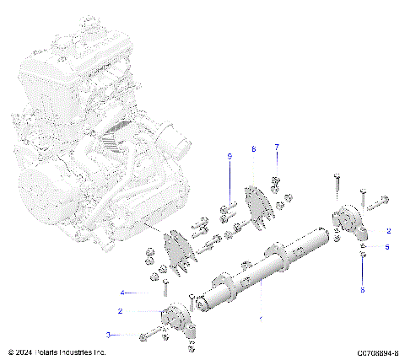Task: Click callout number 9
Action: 228,156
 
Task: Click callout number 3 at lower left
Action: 131,335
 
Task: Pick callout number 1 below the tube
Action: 260,319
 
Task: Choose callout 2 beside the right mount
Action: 388,229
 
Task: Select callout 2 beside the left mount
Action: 121,311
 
